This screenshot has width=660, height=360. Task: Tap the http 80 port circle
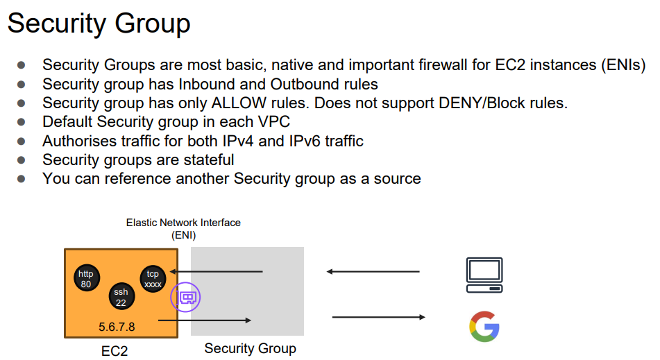(86, 279)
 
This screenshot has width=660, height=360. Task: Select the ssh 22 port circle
(121, 297)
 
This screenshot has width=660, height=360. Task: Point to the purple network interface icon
(186, 298)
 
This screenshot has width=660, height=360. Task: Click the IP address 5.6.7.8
(117, 326)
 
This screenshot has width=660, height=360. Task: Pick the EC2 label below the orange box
(114, 350)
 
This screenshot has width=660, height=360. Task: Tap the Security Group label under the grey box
(250, 348)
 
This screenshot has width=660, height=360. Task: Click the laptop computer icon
(484, 275)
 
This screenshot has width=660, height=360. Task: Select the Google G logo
(484, 327)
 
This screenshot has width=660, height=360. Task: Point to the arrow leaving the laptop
(373, 271)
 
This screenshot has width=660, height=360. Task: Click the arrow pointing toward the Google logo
(378, 317)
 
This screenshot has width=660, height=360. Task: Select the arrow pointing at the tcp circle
(217, 271)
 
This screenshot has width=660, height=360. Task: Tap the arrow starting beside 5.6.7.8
(205, 320)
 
